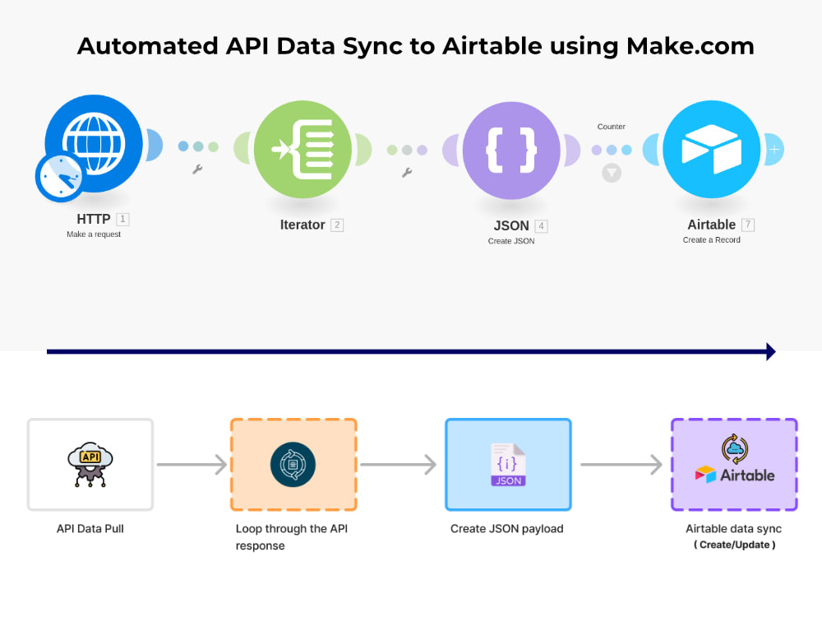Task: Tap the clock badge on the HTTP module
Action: (60, 177)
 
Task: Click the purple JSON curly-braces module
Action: (512, 150)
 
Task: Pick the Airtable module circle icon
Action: (712, 150)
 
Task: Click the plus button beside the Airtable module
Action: (774, 150)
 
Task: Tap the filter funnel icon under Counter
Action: (612, 173)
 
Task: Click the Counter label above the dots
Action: (612, 127)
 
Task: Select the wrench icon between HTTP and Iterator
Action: (197, 169)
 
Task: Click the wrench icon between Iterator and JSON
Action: (406, 173)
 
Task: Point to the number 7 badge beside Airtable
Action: (747, 225)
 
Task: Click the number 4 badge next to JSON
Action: (541, 226)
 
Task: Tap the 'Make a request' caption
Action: (94, 234)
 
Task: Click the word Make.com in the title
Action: (690, 46)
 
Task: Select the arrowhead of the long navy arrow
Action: (770, 352)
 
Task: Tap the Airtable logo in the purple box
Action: (734, 474)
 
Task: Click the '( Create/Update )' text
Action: (734, 545)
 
